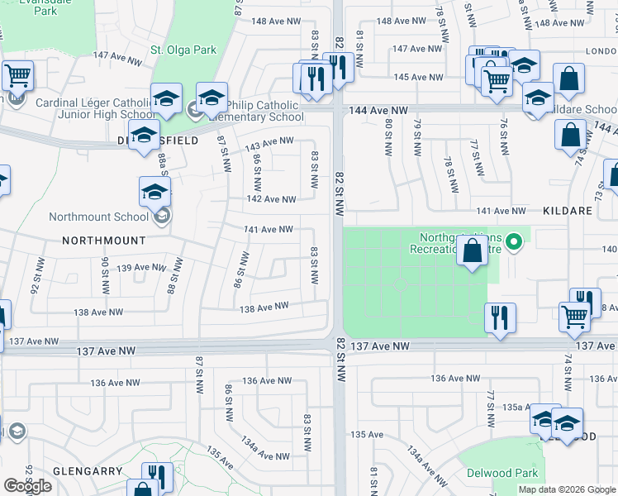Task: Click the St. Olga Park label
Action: (x=183, y=50)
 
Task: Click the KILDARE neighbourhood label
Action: (x=568, y=211)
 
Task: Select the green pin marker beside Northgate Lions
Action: (x=513, y=242)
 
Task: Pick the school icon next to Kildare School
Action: (x=538, y=99)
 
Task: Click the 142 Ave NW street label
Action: (x=271, y=199)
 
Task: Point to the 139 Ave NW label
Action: (x=141, y=267)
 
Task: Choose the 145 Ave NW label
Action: (x=417, y=77)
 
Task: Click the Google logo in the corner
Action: (x=27, y=486)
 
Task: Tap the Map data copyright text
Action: (x=566, y=489)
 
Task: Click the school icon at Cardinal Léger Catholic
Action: (x=166, y=98)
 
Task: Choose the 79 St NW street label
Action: (x=417, y=136)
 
